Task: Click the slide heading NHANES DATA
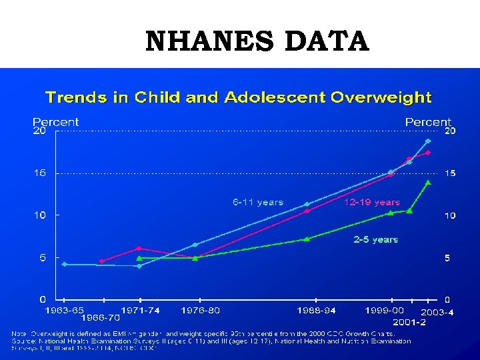tap(257, 41)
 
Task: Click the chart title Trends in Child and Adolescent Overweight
tap(238, 98)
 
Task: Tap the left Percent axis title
tap(55, 122)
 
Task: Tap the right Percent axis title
tap(428, 122)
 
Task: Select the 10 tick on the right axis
tap(451, 216)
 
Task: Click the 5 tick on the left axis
tap(41, 258)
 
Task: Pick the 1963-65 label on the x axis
tap(64, 310)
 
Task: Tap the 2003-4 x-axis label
tap(437, 312)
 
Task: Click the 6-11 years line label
tap(257, 202)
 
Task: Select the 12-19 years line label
tap(372, 202)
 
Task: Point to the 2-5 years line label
tap(375, 239)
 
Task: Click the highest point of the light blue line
tap(428, 141)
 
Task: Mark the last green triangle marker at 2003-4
tap(428, 182)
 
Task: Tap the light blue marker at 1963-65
tap(64, 264)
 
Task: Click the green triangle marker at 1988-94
tap(307, 238)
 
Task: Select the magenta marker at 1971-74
tap(139, 249)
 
